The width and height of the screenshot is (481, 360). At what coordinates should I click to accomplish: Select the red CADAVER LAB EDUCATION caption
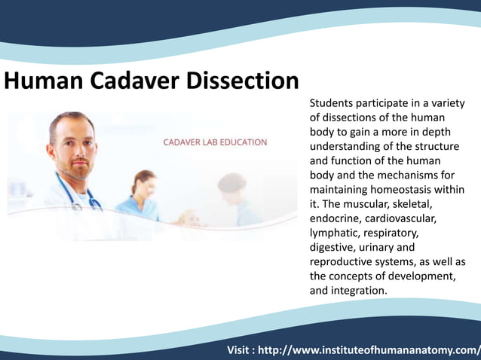click(x=216, y=142)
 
